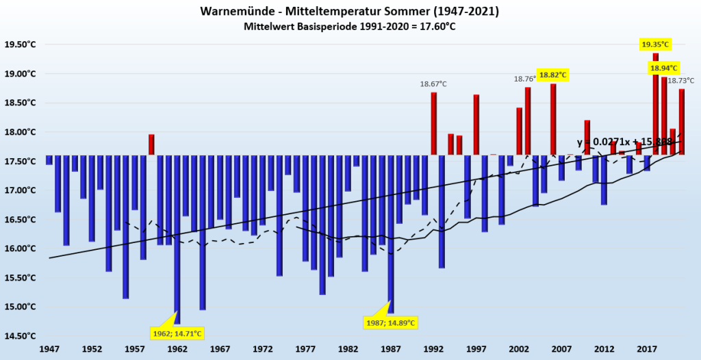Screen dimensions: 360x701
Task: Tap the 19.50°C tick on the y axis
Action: coord(21,44)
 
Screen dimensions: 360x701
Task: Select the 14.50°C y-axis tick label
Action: coord(21,335)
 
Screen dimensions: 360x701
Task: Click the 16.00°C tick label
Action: coord(21,248)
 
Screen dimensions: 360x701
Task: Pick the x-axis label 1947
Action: coord(49,349)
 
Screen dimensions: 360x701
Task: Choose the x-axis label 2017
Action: coord(647,349)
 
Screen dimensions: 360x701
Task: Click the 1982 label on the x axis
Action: coord(348,349)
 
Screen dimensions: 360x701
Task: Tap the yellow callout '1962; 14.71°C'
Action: coord(177,333)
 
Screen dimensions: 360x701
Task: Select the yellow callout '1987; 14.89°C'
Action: coord(391,322)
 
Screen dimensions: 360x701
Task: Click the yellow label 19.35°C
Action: coord(655,44)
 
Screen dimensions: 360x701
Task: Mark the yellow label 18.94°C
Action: coord(663,68)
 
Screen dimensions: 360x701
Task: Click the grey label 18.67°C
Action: coord(433,83)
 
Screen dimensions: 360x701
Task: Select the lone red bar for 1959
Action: coord(151,144)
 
